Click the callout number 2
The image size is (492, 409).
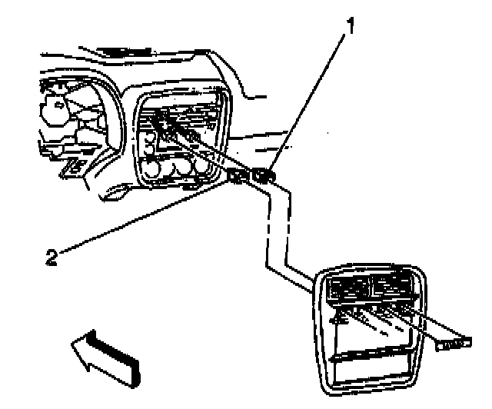click(52, 257)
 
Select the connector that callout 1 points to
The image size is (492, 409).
click(264, 178)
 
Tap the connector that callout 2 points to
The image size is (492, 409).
click(238, 178)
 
